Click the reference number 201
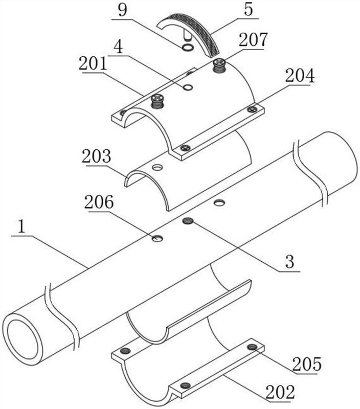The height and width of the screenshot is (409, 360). (x=93, y=64)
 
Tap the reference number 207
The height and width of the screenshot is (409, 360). (x=253, y=40)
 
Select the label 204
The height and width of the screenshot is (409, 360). (x=300, y=76)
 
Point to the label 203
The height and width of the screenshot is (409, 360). (x=97, y=156)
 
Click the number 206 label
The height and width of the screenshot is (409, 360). (x=99, y=202)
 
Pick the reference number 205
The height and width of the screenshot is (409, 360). (x=307, y=364)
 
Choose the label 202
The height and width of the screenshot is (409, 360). (x=280, y=392)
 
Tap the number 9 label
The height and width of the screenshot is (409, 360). (x=122, y=10)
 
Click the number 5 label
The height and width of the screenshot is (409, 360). (x=249, y=9)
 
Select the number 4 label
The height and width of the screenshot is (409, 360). (x=119, y=47)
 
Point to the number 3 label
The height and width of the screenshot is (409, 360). (x=290, y=262)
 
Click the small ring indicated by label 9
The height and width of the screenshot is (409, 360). (x=188, y=47)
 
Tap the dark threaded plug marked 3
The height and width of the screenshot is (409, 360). (x=188, y=221)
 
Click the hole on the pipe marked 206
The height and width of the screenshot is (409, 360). (x=157, y=238)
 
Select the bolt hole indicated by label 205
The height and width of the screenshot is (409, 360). (x=252, y=347)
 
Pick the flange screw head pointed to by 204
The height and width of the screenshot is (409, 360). (x=252, y=109)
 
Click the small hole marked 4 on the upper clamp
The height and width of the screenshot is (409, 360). (x=188, y=87)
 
